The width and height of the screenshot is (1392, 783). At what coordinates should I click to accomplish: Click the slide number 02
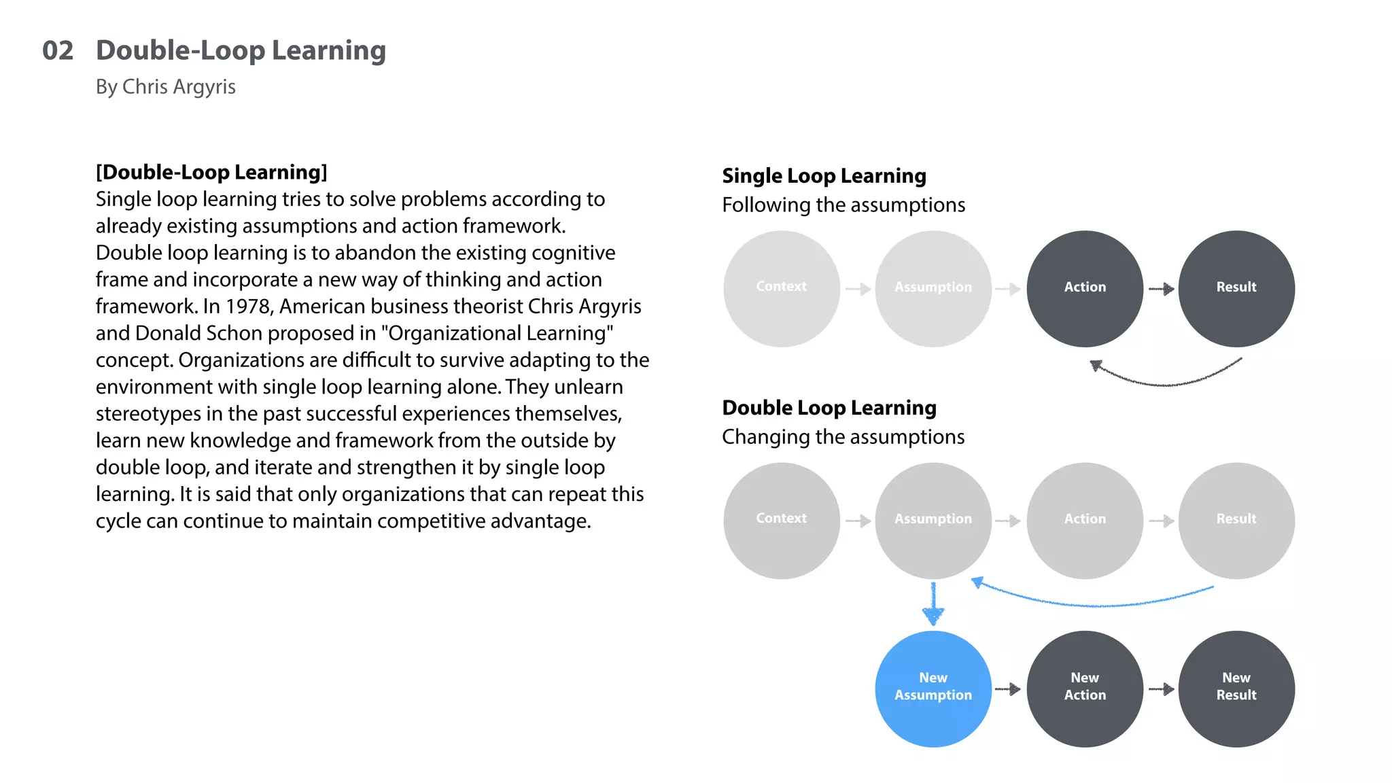coord(58,51)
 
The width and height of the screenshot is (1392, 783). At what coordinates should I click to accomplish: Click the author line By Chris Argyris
coord(165,87)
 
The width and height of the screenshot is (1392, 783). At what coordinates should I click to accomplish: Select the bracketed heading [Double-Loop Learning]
coord(211,172)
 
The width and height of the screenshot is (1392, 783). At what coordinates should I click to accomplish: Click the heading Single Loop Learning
coord(824,176)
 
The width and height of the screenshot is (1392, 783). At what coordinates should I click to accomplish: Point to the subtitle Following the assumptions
coord(843,205)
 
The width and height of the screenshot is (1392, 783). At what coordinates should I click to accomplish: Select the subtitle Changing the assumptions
coord(843,437)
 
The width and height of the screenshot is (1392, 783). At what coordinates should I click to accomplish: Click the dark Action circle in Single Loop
coord(1085,288)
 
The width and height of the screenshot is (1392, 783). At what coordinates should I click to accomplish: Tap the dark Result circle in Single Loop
coord(1236,288)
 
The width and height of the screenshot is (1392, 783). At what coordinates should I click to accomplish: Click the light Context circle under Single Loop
coord(782,288)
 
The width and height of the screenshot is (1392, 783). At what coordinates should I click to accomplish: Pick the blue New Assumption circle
coord(933,689)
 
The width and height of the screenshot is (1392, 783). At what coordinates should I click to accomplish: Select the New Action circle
coord(1085,689)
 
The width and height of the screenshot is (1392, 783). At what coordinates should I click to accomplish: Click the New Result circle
coord(1236,689)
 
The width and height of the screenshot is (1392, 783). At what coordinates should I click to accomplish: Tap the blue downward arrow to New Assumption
coord(933,605)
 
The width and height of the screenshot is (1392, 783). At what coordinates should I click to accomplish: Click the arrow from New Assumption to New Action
coord(1008,689)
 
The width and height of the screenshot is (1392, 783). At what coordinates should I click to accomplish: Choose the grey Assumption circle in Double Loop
coord(933,520)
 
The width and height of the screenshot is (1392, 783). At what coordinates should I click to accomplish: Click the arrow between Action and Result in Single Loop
coord(1162,289)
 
